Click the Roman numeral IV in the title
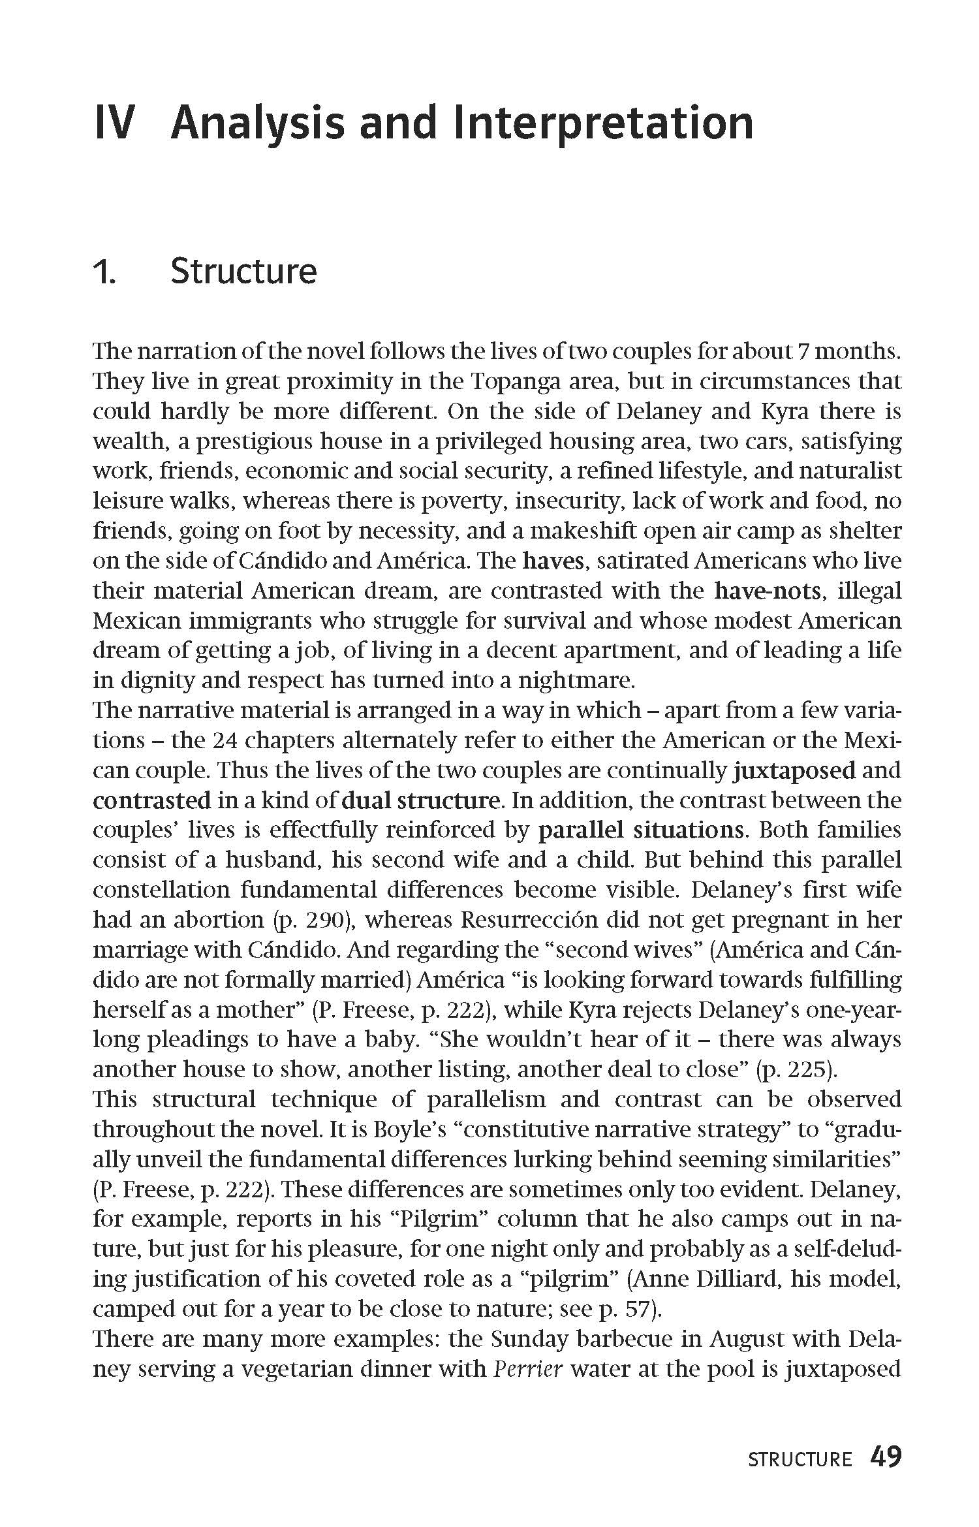[x=114, y=123]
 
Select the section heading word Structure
[x=243, y=272]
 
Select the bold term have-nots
[x=768, y=591]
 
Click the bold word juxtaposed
[x=794, y=770]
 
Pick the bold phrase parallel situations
[x=641, y=830]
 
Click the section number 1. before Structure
[x=104, y=273]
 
